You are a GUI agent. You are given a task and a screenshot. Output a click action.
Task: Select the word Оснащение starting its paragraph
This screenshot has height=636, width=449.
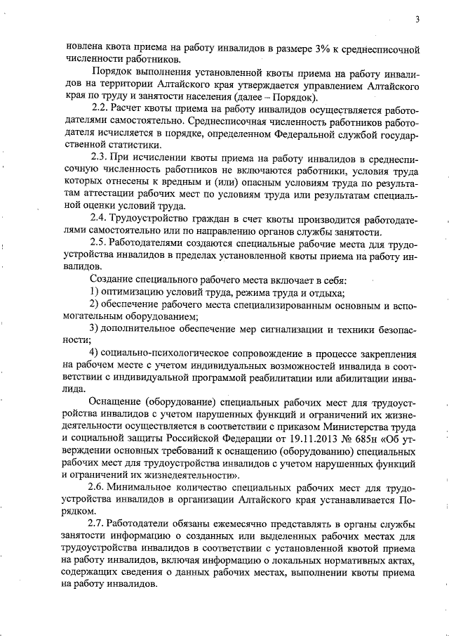point(115,401)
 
